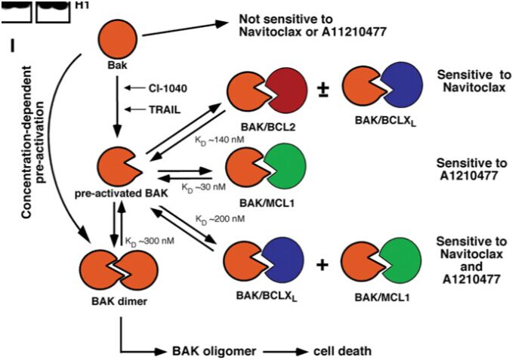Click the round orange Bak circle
[x=118, y=39]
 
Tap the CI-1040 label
[x=168, y=88]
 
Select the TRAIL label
[x=165, y=109]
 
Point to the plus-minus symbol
[x=324, y=90]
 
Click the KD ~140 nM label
[x=220, y=140]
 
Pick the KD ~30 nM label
[x=203, y=187]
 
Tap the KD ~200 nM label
[x=220, y=220]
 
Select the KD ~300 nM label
[x=150, y=242]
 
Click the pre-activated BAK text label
[x=121, y=193]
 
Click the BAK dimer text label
[x=119, y=301]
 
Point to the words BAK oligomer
[x=214, y=351]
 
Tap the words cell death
[x=342, y=351]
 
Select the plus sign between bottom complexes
[x=323, y=265]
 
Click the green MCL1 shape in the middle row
[x=286, y=166]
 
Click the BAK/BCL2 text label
[x=268, y=127]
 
